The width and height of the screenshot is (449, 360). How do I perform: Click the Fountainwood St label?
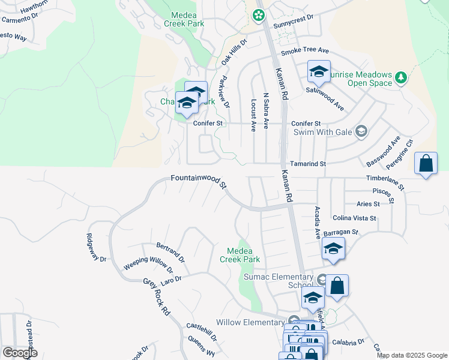point(198,181)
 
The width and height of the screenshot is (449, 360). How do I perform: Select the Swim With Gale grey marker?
point(361,131)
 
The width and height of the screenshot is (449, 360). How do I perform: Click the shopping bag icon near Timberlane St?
point(426,163)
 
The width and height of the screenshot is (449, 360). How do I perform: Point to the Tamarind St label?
point(307,164)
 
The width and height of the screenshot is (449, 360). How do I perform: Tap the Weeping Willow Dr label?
point(143,264)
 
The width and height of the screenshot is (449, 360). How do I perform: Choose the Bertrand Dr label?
point(170,253)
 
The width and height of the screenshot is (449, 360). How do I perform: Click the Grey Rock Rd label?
point(157,297)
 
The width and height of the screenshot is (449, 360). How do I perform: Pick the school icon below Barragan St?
point(333,248)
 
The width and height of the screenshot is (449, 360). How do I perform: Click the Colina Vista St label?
point(354,218)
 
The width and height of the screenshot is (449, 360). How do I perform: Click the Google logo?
point(20,353)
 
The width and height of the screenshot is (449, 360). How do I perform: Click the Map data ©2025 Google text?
point(412,355)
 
